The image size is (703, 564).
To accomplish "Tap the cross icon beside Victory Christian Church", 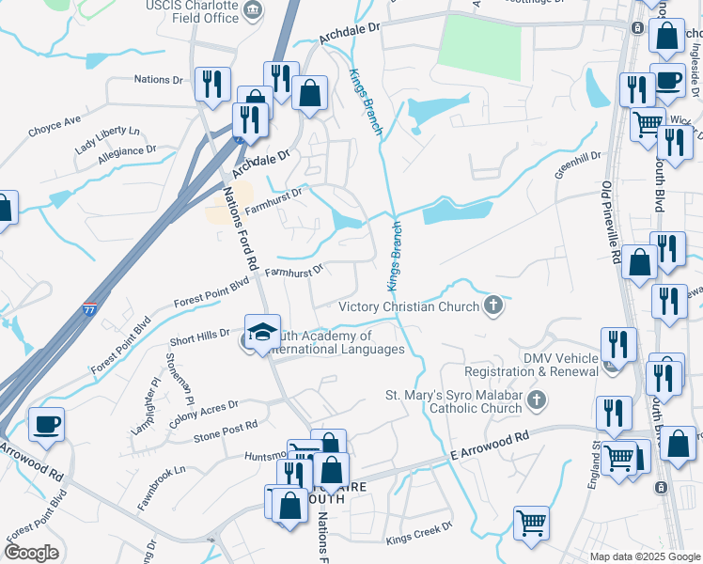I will coord(493,305).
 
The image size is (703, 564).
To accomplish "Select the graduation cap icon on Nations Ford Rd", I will coord(262,333).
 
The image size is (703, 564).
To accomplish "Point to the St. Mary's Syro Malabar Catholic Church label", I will coord(455,401).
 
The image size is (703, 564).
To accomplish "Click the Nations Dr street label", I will coord(158,80).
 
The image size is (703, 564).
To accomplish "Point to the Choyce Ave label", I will coord(55,122).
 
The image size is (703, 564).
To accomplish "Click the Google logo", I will coord(31,553).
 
